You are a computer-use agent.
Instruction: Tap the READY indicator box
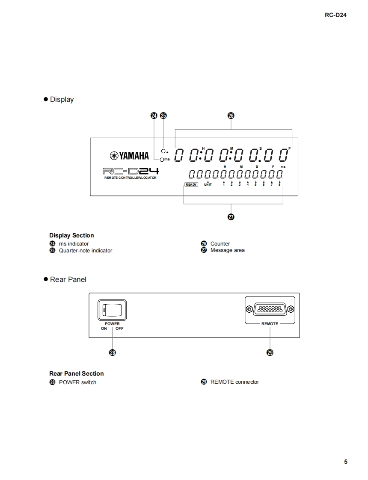coord(191,184)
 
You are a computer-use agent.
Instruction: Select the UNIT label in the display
coord(208,185)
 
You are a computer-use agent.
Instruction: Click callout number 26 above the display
coord(231,116)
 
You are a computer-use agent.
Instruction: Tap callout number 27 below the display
coord(231,217)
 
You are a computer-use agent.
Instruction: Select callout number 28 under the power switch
coord(112,353)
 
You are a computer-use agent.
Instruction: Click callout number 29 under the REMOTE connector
coord(270,353)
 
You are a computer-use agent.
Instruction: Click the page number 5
coord(346,462)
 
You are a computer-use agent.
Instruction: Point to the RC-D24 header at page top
coord(336,15)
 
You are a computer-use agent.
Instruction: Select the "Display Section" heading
coord(71,235)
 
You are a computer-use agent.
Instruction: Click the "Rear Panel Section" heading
coord(77,373)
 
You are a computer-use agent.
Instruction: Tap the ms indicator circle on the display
coord(162,160)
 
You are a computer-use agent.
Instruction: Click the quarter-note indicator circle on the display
coord(163,151)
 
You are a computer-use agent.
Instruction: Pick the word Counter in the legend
coord(220,244)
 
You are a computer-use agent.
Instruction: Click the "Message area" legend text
coord(227,250)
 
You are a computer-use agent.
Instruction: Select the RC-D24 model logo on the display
coord(131,171)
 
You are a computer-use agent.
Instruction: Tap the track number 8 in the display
coord(279,185)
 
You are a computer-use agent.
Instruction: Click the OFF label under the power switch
coord(119,329)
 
